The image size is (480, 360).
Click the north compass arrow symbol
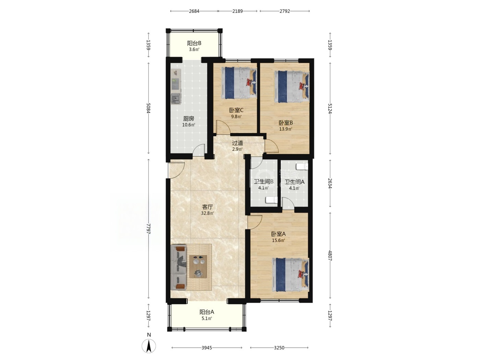(x=149, y=346)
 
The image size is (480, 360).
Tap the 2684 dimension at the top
(x=194, y=11)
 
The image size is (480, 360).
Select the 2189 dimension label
(x=237, y=11)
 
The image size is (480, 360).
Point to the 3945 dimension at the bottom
(x=207, y=348)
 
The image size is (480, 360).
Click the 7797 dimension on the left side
(x=149, y=229)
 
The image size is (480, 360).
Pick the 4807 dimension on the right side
(x=330, y=256)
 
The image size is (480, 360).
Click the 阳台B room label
(x=194, y=43)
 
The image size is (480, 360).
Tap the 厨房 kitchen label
(x=189, y=119)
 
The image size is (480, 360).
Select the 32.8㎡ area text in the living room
(x=207, y=213)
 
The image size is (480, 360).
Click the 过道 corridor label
(x=238, y=143)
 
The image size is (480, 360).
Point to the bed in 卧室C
(x=239, y=83)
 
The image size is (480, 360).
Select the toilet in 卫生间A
(x=302, y=167)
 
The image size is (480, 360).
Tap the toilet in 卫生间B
(x=272, y=200)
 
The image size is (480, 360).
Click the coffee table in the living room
(x=198, y=266)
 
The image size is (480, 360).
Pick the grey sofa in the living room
(x=179, y=267)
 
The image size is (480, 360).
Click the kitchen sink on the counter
(x=176, y=99)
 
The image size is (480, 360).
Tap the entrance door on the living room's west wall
(x=176, y=170)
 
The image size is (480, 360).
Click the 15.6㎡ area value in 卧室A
(x=278, y=240)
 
